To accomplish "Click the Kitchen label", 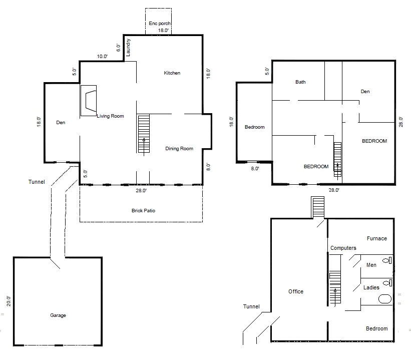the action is pyautogui.click(x=172, y=73).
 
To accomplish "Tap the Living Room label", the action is pyautogui.click(x=110, y=116).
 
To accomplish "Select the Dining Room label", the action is pyautogui.click(x=179, y=148).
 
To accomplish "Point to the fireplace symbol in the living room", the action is pyautogui.click(x=89, y=101).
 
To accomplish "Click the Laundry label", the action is pyautogui.click(x=128, y=48).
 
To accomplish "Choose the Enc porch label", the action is pyautogui.click(x=160, y=24).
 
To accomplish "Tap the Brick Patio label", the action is pyautogui.click(x=143, y=211).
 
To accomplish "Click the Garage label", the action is pyautogui.click(x=58, y=315).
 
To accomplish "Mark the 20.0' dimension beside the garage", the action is pyautogui.click(x=9, y=301).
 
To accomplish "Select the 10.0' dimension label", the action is pyautogui.click(x=102, y=57).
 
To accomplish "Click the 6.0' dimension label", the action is pyautogui.click(x=118, y=48).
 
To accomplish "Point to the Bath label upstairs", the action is pyautogui.click(x=300, y=82).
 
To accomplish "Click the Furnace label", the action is pyautogui.click(x=377, y=238).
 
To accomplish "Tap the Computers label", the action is pyautogui.click(x=343, y=248).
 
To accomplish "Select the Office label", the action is pyautogui.click(x=296, y=291).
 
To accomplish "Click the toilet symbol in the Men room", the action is pyautogui.click(x=387, y=261).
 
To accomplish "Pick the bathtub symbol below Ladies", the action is pyautogui.click(x=385, y=299).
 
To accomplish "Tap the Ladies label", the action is pyautogui.click(x=371, y=287).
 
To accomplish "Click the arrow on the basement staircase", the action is pyautogui.click(x=335, y=297).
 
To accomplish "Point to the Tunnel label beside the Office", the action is pyautogui.click(x=251, y=306).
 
